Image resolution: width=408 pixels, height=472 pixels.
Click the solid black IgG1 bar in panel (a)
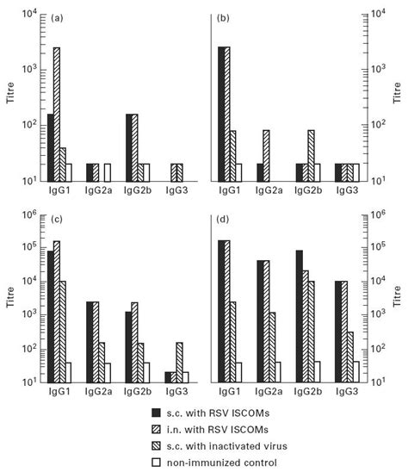tap(50, 146)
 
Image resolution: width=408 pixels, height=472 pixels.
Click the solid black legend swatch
tap(156, 412)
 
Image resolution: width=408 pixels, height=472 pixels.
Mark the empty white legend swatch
tap(156, 463)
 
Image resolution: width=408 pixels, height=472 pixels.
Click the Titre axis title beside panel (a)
tap(10, 96)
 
